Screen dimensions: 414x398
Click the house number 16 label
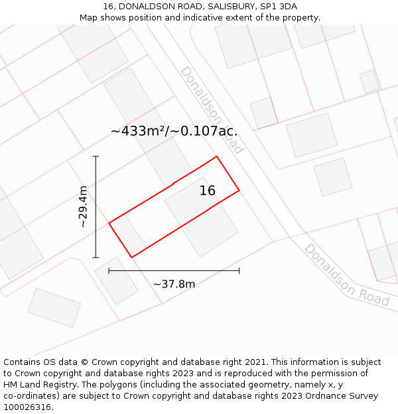click(208, 191)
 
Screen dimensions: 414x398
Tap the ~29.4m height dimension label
click(84, 207)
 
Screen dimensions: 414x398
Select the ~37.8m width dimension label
click(174, 284)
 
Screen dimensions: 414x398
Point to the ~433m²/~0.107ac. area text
click(174, 131)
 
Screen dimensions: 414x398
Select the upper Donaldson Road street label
click(212, 109)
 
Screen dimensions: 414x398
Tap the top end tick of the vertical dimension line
click(96, 156)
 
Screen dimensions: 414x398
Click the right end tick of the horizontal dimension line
click(239, 270)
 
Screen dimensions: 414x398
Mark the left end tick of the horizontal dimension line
click(109, 270)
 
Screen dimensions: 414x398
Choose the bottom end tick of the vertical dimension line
click(96, 257)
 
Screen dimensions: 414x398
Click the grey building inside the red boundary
click(202, 216)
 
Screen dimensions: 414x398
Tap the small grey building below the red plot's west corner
click(116, 280)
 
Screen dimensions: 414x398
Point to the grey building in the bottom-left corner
click(54, 307)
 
